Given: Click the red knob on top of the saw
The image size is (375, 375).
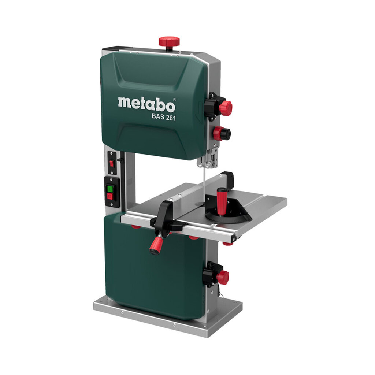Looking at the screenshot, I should [x=169, y=41].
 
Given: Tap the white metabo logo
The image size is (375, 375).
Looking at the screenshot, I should [x=146, y=104].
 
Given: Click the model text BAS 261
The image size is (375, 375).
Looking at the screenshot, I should [x=164, y=118].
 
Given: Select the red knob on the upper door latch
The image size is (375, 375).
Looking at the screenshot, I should [x=225, y=108].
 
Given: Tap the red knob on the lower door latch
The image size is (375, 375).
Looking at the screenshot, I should [x=222, y=277].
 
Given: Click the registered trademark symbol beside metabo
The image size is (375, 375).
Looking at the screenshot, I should [x=174, y=99].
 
